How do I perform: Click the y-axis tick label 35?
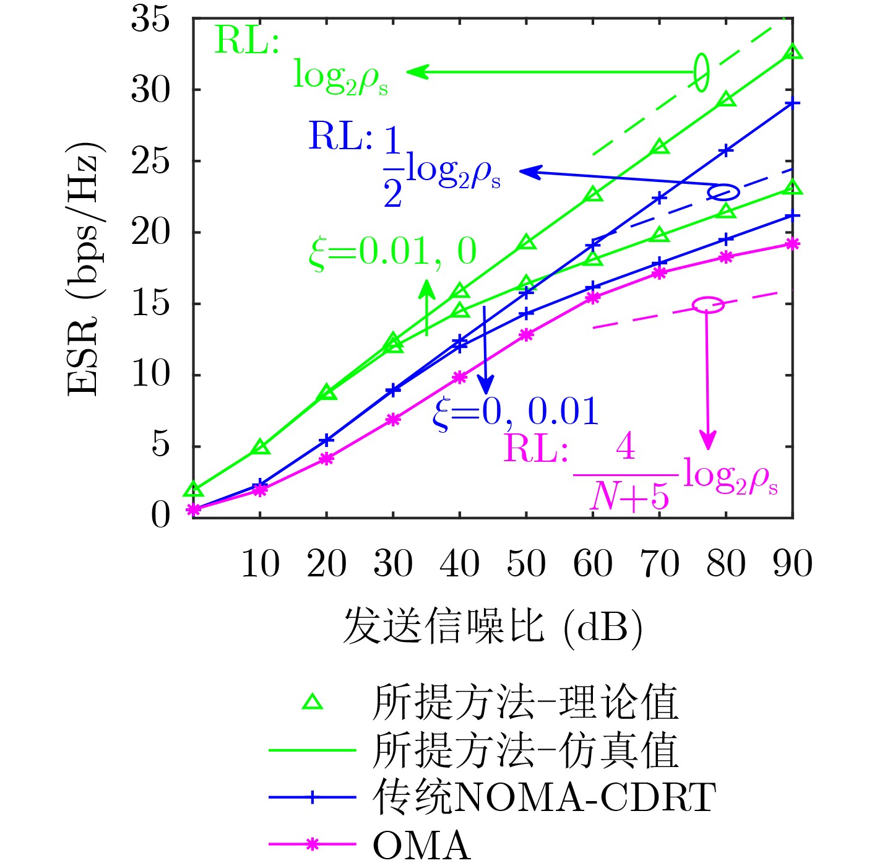pos(150,19)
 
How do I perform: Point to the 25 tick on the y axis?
pos(150,162)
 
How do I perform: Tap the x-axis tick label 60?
pos(593,563)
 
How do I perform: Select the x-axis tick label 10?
pos(260,563)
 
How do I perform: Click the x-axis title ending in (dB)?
pos(492,627)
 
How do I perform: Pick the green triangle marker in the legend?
pos(312,701)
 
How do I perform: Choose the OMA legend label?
pos(421,844)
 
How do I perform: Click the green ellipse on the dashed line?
pos(701,72)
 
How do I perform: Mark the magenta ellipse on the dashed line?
pos(707,305)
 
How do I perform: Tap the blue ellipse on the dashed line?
pos(724,192)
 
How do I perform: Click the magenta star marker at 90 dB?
pos(792,244)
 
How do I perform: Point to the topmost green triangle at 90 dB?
pos(793,53)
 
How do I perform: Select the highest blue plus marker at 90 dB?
pos(793,103)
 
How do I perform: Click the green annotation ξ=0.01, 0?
pos(392,253)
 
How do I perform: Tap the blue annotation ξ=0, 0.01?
pos(516,411)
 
